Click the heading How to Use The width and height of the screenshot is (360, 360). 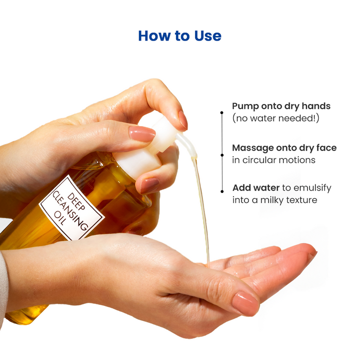tap(179, 36)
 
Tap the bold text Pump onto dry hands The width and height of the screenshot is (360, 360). tap(281, 106)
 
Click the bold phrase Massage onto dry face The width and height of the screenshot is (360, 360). tap(284, 148)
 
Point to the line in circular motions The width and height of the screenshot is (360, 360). tap(273, 160)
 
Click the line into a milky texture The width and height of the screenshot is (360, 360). tap(275, 200)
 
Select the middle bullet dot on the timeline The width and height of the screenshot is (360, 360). tap(222, 155)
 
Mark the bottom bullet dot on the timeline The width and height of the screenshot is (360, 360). tap(222, 190)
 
